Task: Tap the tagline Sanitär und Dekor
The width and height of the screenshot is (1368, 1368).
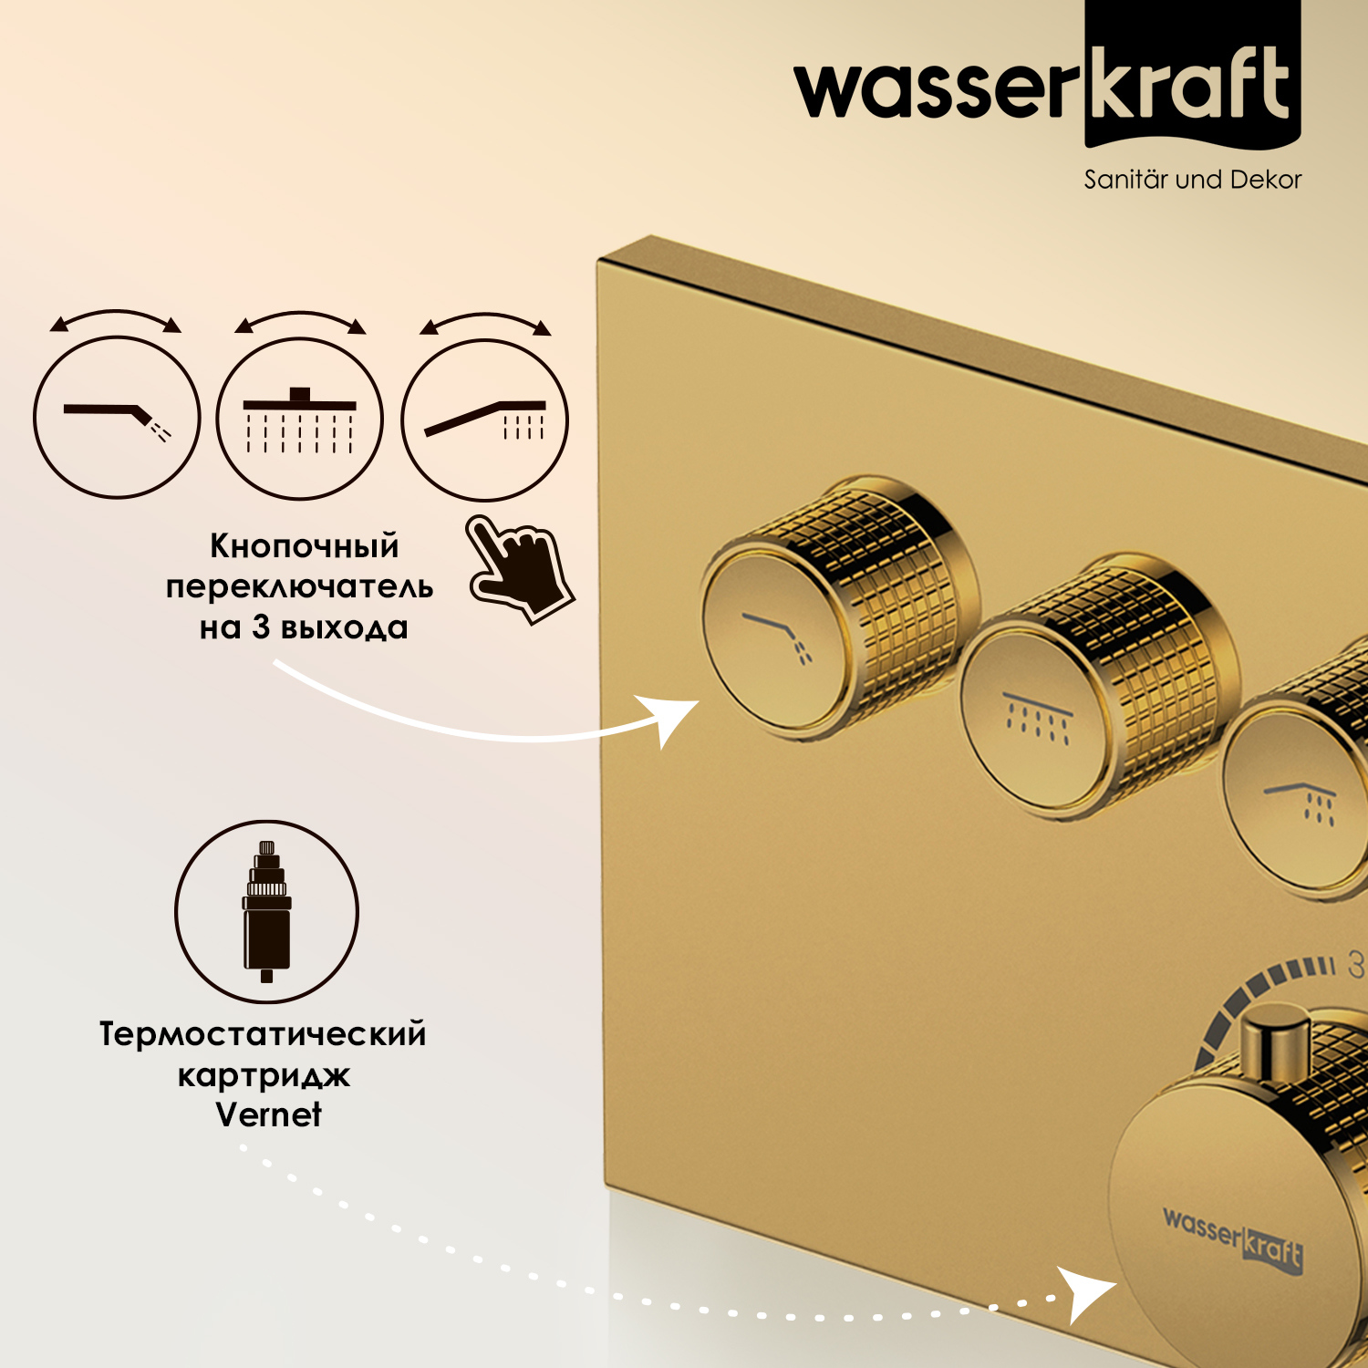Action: [1192, 180]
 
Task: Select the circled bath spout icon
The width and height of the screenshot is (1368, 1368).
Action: [117, 417]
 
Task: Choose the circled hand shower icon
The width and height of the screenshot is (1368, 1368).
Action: [485, 420]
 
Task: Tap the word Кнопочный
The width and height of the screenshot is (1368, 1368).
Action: [305, 546]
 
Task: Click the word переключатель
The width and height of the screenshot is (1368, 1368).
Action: [299, 587]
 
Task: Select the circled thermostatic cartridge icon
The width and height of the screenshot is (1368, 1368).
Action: [266, 911]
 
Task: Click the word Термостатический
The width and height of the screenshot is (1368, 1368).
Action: [263, 1034]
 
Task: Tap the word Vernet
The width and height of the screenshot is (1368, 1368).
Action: [269, 1114]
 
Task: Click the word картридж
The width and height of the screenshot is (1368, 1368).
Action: [264, 1076]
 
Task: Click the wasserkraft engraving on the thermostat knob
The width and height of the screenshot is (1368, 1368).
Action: [1233, 1238]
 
